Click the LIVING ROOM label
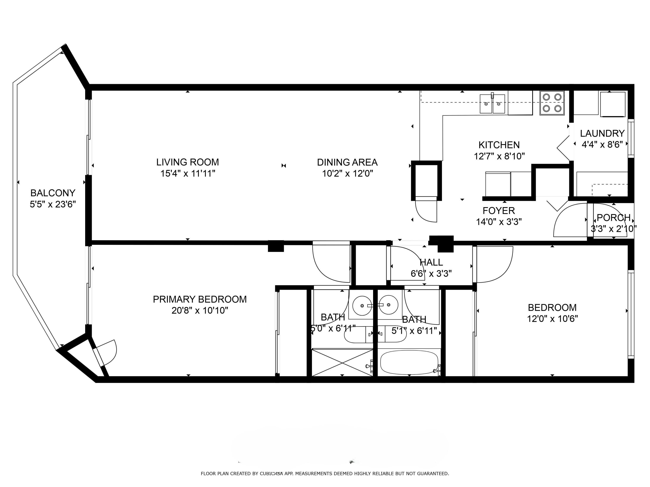(x=187, y=162)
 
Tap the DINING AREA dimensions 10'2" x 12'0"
(x=347, y=174)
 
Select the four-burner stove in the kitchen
(x=552, y=103)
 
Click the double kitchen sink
(x=492, y=104)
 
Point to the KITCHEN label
(x=499, y=145)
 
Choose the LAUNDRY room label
(x=602, y=133)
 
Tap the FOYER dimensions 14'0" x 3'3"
(x=499, y=222)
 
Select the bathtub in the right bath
(x=409, y=363)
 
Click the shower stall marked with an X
(x=342, y=363)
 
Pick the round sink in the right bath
(x=388, y=305)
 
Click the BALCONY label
(x=53, y=193)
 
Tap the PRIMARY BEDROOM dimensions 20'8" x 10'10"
(x=200, y=310)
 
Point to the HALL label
(x=431, y=262)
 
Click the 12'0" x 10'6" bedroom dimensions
(x=552, y=319)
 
